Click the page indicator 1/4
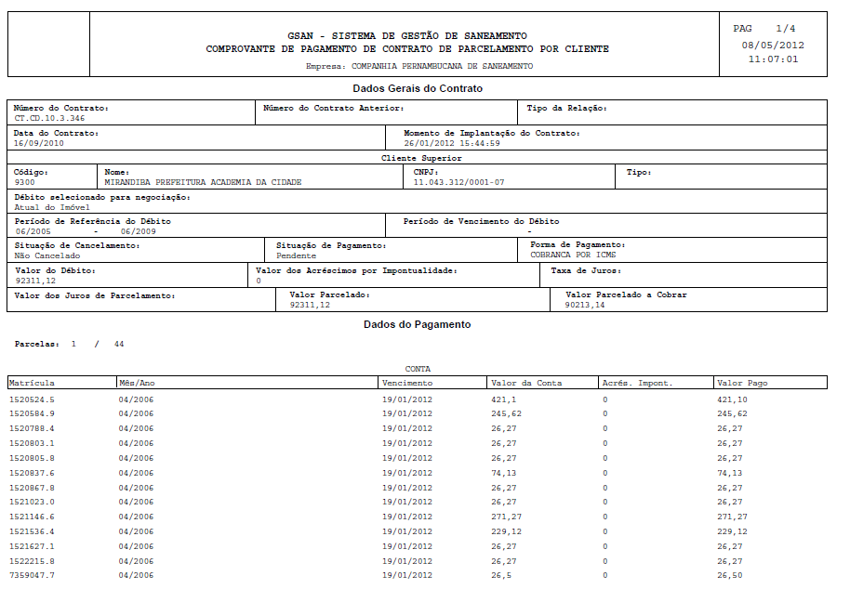[785, 29]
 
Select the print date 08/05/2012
[773, 45]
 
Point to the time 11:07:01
[773, 59]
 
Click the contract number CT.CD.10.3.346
[49, 118]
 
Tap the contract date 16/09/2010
[39, 143]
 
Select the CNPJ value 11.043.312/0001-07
[458, 182]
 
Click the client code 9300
[24, 182]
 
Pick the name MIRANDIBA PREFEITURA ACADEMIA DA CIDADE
[203, 182]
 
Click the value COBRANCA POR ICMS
[573, 255]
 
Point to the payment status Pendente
[297, 255]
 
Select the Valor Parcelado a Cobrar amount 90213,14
[585, 305]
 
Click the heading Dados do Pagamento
[417, 324]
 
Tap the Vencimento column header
[407, 383]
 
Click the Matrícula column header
[32, 383]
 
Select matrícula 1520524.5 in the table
[32, 399]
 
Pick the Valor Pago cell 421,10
[731, 399]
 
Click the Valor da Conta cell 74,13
[503, 473]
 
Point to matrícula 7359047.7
[32, 576]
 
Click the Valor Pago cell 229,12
[732, 531]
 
